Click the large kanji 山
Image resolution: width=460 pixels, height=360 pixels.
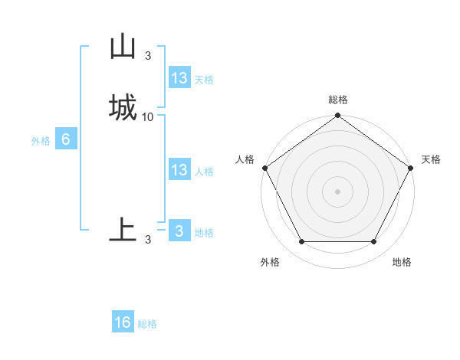(x=123, y=47)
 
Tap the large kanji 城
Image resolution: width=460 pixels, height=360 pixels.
(x=123, y=106)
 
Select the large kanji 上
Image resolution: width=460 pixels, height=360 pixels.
(x=123, y=227)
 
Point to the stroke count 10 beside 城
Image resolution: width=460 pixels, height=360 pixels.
(x=148, y=116)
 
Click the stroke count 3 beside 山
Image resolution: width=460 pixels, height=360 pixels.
(x=148, y=55)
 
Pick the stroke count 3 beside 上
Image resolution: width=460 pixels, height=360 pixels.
(x=148, y=240)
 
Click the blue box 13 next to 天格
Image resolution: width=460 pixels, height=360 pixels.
(x=179, y=78)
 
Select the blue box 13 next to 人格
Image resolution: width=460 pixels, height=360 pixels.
(x=179, y=170)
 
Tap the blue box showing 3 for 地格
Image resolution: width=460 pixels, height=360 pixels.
(x=179, y=231)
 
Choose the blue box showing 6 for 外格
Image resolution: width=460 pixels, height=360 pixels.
(x=65, y=139)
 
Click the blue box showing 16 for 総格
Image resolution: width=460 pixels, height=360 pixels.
(x=123, y=322)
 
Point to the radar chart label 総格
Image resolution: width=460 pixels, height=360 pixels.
(x=338, y=100)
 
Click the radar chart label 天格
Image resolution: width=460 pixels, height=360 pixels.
(x=431, y=159)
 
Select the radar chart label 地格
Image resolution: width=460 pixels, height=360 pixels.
(x=402, y=262)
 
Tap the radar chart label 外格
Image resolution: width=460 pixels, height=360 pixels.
(x=270, y=262)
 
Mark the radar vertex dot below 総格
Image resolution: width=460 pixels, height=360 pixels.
(x=338, y=116)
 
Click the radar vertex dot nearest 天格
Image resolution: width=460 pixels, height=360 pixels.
(x=412, y=168)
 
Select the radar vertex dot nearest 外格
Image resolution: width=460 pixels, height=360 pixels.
(x=301, y=242)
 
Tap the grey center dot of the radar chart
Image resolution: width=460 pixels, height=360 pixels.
(x=338, y=191)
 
